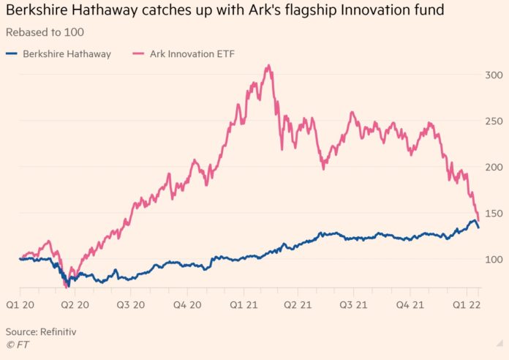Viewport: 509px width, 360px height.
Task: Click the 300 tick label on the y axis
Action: (494, 75)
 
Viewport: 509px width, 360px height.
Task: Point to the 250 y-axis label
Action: (494, 121)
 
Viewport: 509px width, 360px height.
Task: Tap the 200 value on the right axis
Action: (494, 168)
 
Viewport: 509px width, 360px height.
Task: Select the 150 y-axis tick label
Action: (494, 214)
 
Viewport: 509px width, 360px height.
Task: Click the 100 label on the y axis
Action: (494, 260)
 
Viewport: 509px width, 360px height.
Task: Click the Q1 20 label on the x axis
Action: (20, 305)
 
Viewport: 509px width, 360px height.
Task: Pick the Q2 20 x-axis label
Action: (75, 305)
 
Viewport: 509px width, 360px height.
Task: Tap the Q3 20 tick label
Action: (131, 305)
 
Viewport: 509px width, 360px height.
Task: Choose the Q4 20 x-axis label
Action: (187, 305)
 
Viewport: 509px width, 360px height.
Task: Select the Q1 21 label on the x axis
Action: (244, 305)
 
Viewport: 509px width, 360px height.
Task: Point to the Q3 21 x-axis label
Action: (353, 305)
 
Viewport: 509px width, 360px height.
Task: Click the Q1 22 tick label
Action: (467, 305)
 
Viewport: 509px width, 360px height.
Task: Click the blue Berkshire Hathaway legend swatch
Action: (12, 53)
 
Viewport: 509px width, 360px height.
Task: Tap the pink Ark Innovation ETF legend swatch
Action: (139, 53)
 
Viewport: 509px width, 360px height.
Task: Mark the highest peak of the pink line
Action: (268, 66)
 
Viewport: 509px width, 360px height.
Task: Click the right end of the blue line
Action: (478, 228)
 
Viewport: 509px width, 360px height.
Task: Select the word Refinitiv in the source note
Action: (58, 331)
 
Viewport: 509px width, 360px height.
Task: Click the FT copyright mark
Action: (18, 345)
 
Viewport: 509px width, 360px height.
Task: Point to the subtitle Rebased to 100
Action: (45, 32)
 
